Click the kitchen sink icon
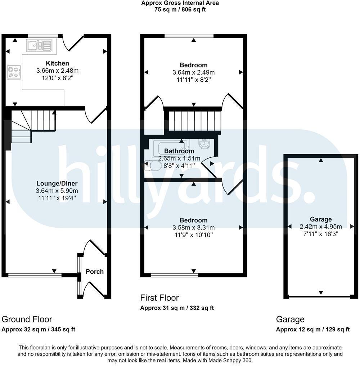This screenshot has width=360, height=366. (39, 46)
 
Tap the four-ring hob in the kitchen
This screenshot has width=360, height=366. (14, 72)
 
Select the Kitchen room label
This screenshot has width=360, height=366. (57, 63)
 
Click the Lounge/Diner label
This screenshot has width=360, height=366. (57, 183)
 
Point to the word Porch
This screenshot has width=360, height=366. (95, 272)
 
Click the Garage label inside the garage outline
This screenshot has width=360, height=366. (321, 219)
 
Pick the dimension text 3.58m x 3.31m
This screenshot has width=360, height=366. (194, 228)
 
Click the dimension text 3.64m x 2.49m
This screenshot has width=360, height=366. (194, 72)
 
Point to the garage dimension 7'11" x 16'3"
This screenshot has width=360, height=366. (321, 234)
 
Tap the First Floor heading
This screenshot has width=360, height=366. (159, 298)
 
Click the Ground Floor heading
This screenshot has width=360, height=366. (27, 319)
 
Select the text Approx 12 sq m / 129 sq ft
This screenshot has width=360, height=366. (312, 329)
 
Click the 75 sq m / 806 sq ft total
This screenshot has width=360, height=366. (180, 10)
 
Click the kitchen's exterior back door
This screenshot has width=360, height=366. (73, 43)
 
